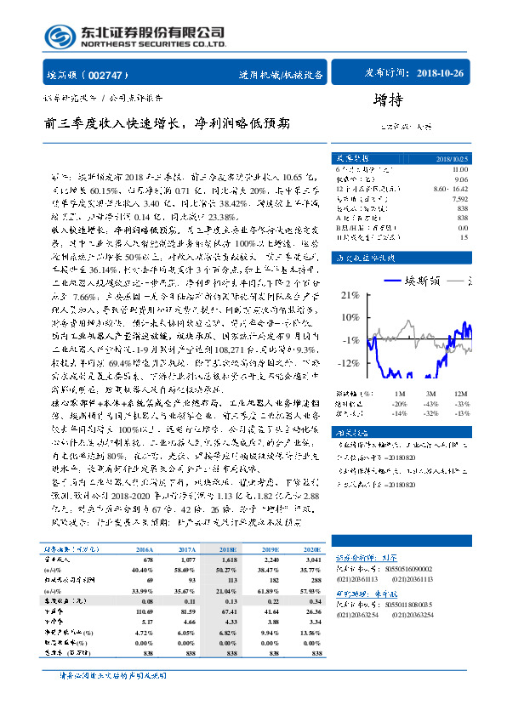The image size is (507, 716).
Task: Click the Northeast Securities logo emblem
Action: pyautogui.click(x=60, y=36)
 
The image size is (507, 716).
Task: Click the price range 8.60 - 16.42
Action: pyautogui.click(x=451, y=186)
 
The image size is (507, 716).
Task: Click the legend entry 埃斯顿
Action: pyautogui.click(x=413, y=280)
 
